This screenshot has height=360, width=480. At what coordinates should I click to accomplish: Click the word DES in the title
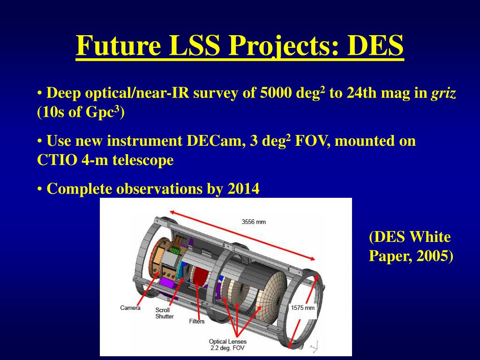[x=375, y=45]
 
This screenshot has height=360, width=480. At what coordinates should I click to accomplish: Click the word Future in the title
[x=119, y=45]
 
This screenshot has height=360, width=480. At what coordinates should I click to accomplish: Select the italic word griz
[x=443, y=93]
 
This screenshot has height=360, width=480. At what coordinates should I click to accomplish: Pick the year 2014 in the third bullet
[x=243, y=188]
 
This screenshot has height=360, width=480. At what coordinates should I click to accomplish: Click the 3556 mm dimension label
[x=254, y=222]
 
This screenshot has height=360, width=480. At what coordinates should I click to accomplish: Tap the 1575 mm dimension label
[x=303, y=307]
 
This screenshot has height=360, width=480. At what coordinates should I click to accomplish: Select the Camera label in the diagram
[x=130, y=307]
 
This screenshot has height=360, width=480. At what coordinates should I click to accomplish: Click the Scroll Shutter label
[x=165, y=313]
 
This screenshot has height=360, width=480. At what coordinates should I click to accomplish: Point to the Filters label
[x=196, y=321]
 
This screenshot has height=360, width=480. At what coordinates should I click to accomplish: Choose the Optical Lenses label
[x=228, y=341]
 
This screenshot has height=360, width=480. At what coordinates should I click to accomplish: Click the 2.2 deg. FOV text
[x=227, y=348]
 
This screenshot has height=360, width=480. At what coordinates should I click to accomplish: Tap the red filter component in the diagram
[x=201, y=276]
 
